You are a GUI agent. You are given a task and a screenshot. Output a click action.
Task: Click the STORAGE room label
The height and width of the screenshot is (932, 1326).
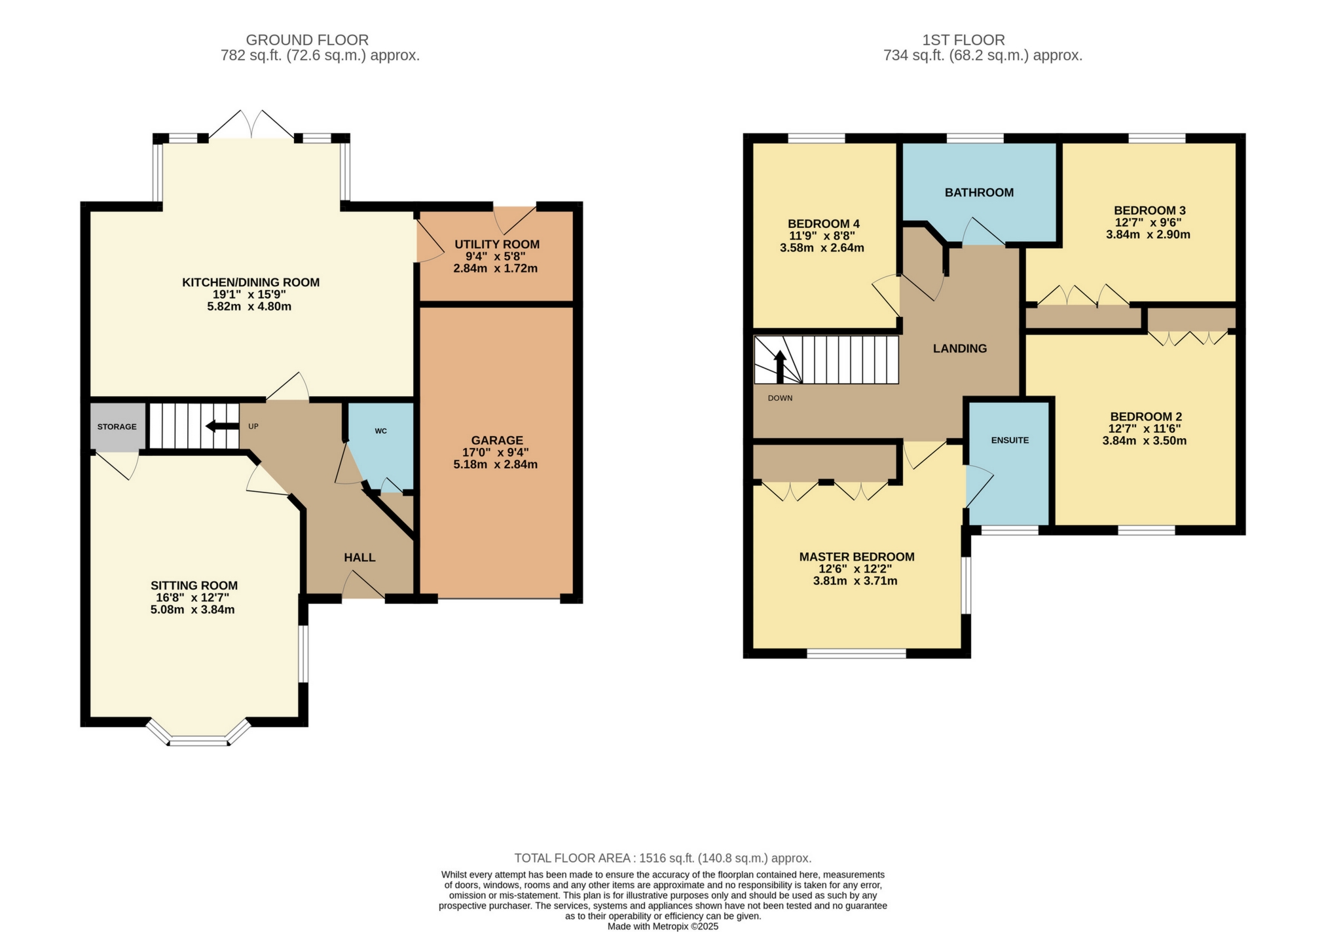(x=117, y=426)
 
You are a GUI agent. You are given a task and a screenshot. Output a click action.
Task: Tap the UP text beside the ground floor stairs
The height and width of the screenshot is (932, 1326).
(x=253, y=426)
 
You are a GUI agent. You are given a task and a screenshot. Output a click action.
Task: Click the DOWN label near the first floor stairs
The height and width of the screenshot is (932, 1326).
(x=780, y=398)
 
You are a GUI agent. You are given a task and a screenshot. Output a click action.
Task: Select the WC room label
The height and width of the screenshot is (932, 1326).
(x=380, y=431)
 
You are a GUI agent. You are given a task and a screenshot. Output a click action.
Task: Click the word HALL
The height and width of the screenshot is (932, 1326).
(x=359, y=557)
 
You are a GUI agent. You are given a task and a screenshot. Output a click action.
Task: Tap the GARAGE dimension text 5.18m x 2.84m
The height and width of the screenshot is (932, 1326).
(x=495, y=464)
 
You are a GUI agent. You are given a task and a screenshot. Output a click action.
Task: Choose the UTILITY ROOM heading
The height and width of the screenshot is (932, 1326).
(x=497, y=244)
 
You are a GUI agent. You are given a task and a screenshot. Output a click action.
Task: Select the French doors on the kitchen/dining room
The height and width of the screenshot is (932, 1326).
(x=251, y=125)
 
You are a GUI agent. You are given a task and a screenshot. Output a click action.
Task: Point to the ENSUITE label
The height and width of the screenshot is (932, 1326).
(x=1010, y=440)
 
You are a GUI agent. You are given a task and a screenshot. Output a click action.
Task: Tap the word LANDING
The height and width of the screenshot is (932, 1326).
(x=959, y=348)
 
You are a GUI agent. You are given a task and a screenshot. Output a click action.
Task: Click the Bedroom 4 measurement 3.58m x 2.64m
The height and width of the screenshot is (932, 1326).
(x=822, y=248)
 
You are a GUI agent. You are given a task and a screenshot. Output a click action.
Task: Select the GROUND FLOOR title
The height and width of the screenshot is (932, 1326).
(x=307, y=40)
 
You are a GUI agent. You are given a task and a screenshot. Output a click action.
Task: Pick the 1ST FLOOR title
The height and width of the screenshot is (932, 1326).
(x=963, y=40)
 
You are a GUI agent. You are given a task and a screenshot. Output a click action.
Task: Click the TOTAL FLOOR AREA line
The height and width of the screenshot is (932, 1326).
(x=663, y=858)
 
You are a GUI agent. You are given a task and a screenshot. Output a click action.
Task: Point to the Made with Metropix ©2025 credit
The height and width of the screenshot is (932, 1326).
(x=663, y=926)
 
